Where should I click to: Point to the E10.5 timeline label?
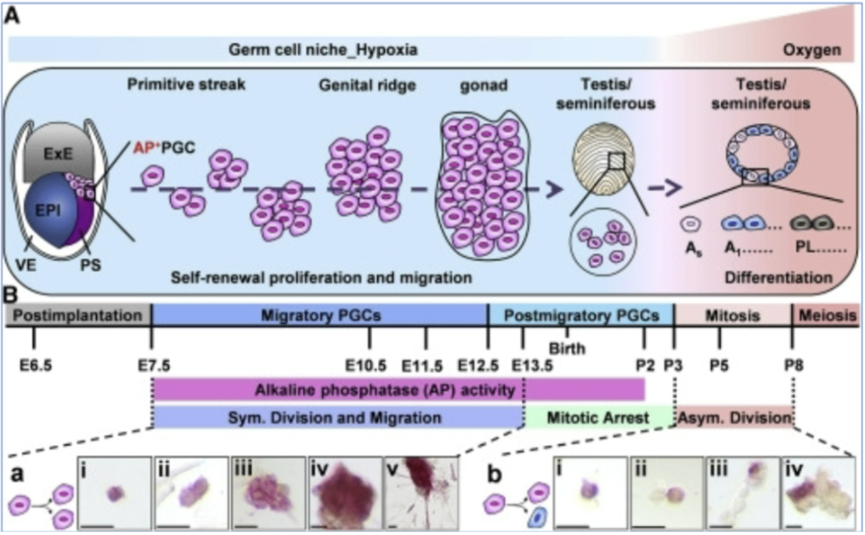coord(369,365)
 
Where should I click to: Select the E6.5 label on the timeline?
coord(34,365)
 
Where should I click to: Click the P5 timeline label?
coord(719,365)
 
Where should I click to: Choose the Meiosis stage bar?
coord(824,315)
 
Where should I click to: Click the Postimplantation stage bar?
coord(78,315)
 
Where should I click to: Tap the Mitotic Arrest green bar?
coord(599,417)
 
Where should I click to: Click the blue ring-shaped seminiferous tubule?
coord(760,152)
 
